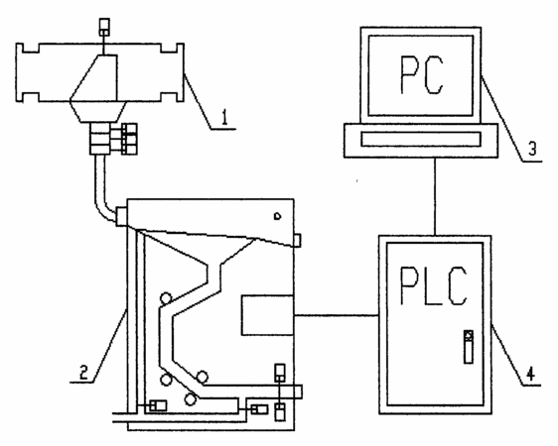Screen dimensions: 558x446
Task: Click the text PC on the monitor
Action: [x=422, y=75]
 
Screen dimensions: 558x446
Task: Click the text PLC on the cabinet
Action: [x=434, y=285]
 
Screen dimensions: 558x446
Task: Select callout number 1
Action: [x=224, y=118]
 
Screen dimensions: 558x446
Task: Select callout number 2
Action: [x=83, y=373]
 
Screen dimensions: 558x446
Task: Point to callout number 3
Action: [x=532, y=149]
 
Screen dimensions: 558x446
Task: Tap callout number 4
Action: [x=530, y=374]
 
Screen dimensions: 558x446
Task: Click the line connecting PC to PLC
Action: [x=435, y=196]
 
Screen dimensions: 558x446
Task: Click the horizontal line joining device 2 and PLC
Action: [x=337, y=315]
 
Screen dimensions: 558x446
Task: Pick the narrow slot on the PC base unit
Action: [x=421, y=139]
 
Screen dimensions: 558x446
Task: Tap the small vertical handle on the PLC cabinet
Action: [x=469, y=347]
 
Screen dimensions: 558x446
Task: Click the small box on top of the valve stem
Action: [x=104, y=27]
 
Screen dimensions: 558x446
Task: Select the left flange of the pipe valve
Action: [x=27, y=72]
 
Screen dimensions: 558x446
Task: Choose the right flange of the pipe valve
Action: [x=173, y=72]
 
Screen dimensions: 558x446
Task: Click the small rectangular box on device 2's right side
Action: [x=267, y=315]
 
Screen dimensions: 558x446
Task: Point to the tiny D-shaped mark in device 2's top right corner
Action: [x=278, y=216]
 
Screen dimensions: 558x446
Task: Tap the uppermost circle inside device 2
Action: [x=166, y=298]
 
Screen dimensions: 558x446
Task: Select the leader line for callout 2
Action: [x=109, y=346]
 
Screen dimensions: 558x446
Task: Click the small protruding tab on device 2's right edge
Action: [x=297, y=240]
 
